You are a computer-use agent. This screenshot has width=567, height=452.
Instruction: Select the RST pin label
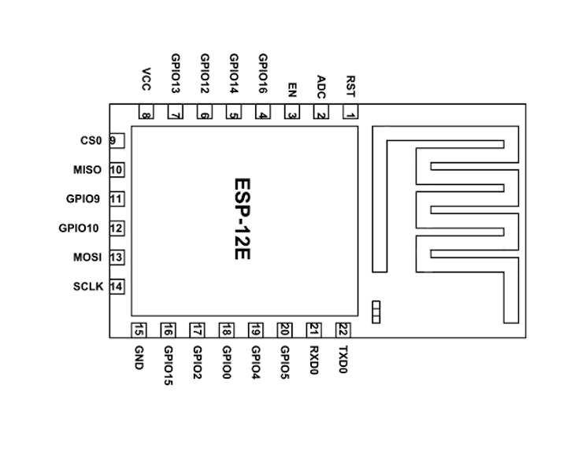350,83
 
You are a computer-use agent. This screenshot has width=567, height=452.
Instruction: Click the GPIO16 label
263,73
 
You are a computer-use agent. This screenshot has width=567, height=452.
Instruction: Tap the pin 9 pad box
116,141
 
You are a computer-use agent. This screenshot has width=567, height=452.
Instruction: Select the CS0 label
91,141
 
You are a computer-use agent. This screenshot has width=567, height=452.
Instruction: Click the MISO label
87,170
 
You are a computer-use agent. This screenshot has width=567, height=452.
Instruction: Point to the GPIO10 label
80,228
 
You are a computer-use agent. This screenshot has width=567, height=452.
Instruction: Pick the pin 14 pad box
117,287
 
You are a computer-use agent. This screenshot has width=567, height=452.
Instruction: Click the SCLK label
87,287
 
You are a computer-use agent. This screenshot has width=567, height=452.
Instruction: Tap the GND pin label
139,358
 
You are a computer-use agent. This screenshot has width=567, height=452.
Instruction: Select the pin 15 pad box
139,330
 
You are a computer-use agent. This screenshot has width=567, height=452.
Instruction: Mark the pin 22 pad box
343,330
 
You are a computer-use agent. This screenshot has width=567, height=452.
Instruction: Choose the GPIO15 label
169,365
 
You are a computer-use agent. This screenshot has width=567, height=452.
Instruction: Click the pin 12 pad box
117,228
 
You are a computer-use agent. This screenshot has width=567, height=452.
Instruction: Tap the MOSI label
87,257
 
